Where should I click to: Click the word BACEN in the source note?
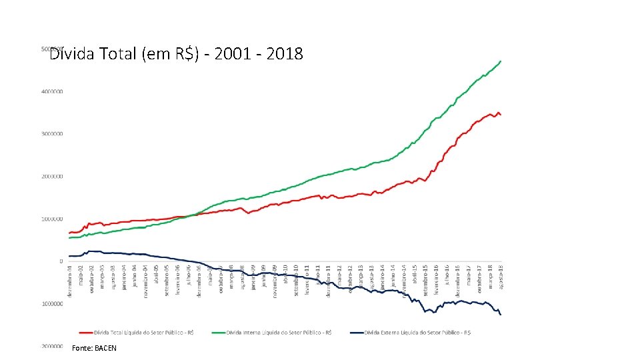(x=105, y=348)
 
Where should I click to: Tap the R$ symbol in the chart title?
(x=185, y=54)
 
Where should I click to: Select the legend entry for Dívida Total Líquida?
(x=136, y=332)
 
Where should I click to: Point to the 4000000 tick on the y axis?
(x=51, y=91)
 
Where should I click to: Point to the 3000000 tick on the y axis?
(x=51, y=134)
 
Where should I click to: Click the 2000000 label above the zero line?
(x=51, y=177)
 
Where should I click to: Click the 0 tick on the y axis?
(x=61, y=261)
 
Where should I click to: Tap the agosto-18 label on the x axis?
(x=501, y=277)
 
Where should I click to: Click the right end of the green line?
(x=501, y=61)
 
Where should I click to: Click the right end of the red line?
(x=500, y=115)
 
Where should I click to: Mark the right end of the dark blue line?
(x=501, y=314)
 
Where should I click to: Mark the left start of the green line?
(x=69, y=238)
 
